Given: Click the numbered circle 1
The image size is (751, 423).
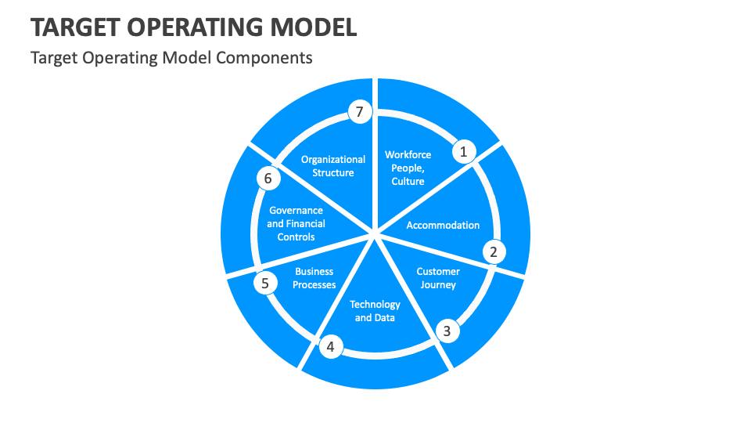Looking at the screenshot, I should click(463, 152).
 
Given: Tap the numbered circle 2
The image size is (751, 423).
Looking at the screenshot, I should click(493, 251).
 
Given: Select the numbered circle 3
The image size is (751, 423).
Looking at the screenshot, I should click(447, 331).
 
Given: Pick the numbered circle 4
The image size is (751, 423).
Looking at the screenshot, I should click(330, 346).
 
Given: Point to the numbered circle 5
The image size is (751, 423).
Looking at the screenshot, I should click(265, 283).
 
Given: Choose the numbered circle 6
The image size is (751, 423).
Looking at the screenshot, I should click(268, 179).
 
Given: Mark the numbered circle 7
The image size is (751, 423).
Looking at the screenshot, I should click(359, 112).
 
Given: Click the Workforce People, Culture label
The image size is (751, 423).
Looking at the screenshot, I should click(408, 168).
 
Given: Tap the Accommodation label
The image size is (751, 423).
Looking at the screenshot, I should click(443, 226).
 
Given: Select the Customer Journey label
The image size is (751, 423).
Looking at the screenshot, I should click(438, 278).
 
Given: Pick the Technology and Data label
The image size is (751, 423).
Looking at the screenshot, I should click(375, 311).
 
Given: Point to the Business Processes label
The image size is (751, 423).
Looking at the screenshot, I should click(314, 278).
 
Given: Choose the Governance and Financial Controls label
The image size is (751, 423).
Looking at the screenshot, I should click(296, 223).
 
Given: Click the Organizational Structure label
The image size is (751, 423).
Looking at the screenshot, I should click(333, 166).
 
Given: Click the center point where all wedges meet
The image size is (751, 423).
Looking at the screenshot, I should click(375, 233).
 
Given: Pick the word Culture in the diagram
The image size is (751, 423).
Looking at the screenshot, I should click(408, 182).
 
